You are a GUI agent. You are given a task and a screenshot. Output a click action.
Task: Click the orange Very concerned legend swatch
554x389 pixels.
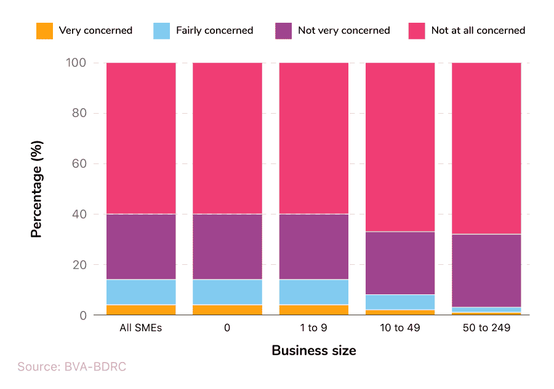click(x=45, y=31)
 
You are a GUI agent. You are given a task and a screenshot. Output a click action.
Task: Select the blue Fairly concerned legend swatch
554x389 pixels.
click(x=161, y=31)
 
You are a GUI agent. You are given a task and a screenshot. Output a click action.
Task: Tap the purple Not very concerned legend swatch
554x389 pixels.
click(x=283, y=31)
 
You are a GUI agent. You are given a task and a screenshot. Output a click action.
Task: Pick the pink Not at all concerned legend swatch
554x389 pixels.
click(x=417, y=31)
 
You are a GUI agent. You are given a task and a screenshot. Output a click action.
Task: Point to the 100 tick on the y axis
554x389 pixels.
click(x=78, y=63)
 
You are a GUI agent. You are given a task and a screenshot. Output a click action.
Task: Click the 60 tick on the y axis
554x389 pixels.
click(x=81, y=164)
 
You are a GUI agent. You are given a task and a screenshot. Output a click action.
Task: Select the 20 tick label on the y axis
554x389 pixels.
click(x=81, y=265)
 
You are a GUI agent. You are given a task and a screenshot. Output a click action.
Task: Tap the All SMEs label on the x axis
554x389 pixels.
click(x=141, y=328)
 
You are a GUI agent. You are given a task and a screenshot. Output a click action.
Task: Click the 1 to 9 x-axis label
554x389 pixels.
click(x=313, y=328)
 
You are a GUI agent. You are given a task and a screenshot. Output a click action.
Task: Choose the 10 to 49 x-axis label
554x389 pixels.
click(x=399, y=328)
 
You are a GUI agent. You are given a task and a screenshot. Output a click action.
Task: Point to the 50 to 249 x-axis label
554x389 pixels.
click(x=486, y=328)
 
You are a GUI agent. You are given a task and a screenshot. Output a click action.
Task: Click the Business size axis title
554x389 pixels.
click(x=313, y=351)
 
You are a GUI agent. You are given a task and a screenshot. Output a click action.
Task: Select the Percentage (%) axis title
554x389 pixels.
click(x=37, y=189)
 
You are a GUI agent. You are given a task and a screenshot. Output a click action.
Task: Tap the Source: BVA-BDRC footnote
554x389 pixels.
click(x=71, y=367)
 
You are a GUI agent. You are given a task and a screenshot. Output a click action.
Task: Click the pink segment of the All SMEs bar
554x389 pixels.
click(x=141, y=138)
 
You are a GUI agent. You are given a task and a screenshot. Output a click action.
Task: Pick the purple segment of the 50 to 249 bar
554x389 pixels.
click(x=486, y=270)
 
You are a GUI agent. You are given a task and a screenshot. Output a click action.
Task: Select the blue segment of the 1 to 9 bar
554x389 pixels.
click(x=313, y=292)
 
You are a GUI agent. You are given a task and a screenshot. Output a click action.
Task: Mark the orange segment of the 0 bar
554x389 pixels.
click(x=227, y=310)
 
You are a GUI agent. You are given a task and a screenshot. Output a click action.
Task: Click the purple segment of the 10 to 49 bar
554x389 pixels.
click(x=399, y=263)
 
